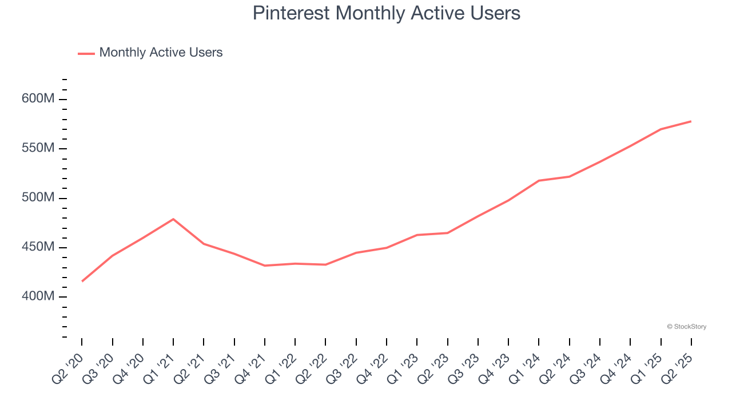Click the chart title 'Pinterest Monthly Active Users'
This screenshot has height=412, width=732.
point(387,13)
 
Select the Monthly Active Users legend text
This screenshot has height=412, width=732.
point(161,53)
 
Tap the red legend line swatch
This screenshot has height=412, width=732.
point(86,54)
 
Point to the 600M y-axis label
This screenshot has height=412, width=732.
point(38,99)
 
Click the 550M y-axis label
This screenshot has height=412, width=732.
point(38,149)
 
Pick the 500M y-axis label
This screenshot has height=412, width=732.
point(38,198)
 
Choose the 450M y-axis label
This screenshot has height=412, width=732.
point(38,247)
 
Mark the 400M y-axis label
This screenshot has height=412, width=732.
point(38,297)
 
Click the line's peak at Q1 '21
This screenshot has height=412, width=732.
point(173,219)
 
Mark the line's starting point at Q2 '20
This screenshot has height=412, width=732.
point(82,281)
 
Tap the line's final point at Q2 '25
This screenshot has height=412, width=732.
point(691,121)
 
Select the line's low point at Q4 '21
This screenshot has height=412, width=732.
point(265,266)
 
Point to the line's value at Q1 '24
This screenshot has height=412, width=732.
point(539,181)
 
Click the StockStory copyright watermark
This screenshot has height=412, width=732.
point(686,327)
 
